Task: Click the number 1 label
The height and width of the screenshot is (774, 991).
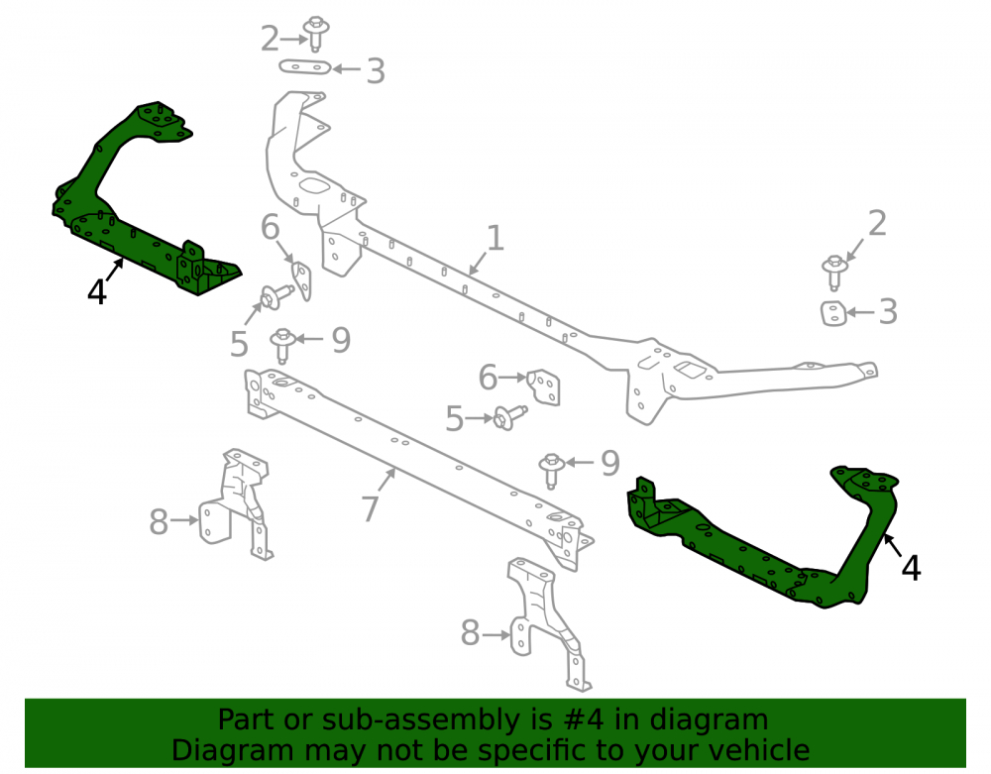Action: pyautogui.click(x=495, y=238)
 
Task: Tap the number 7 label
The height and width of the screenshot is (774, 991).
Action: pyautogui.click(x=370, y=508)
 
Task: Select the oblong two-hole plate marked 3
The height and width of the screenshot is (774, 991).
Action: pyautogui.click(x=305, y=67)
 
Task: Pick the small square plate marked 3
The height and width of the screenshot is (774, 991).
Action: pyautogui.click(x=833, y=313)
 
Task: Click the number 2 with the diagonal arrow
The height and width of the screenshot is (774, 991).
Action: pyautogui.click(x=877, y=224)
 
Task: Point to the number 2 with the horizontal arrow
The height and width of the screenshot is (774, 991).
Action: pyautogui.click(x=270, y=40)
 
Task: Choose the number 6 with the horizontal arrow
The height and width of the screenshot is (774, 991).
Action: pyautogui.click(x=488, y=378)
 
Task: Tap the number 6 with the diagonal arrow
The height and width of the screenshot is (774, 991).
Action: pyautogui.click(x=270, y=227)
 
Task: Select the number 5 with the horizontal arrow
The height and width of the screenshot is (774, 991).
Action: pyautogui.click(x=455, y=419)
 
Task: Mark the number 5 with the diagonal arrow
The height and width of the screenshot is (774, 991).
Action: pyautogui.click(x=239, y=344)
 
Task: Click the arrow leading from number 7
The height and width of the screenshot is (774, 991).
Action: pyautogui.click(x=386, y=481)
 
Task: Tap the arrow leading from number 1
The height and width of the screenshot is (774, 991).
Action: pyautogui.click(x=478, y=264)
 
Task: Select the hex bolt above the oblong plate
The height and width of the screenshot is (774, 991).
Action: pyautogui.click(x=315, y=34)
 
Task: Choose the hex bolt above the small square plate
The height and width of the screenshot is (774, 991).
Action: pyautogui.click(x=834, y=273)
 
